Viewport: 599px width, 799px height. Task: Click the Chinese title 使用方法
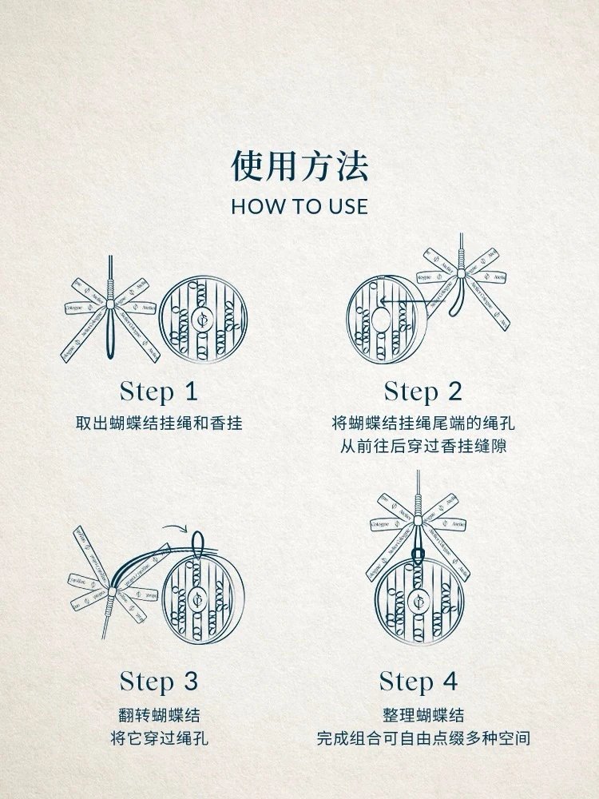299,166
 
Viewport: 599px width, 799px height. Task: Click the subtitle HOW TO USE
299,206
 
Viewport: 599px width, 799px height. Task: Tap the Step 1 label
158,392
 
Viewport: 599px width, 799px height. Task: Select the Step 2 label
422,392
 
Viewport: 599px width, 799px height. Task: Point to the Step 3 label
158,682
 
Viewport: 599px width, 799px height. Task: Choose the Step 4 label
419,682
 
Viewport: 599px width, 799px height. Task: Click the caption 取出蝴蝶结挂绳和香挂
159,423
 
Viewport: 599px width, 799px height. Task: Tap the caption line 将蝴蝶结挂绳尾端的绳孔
423,423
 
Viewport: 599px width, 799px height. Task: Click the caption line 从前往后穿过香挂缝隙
423,447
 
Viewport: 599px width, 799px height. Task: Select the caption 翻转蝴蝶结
159,715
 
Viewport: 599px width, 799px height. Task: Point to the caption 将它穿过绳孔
159,738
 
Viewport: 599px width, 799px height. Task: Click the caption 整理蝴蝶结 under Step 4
423,715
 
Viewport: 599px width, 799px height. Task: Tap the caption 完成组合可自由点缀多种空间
423,738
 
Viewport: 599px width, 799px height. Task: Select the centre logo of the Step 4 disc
419,601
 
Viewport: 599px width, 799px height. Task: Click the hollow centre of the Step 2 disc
380,320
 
